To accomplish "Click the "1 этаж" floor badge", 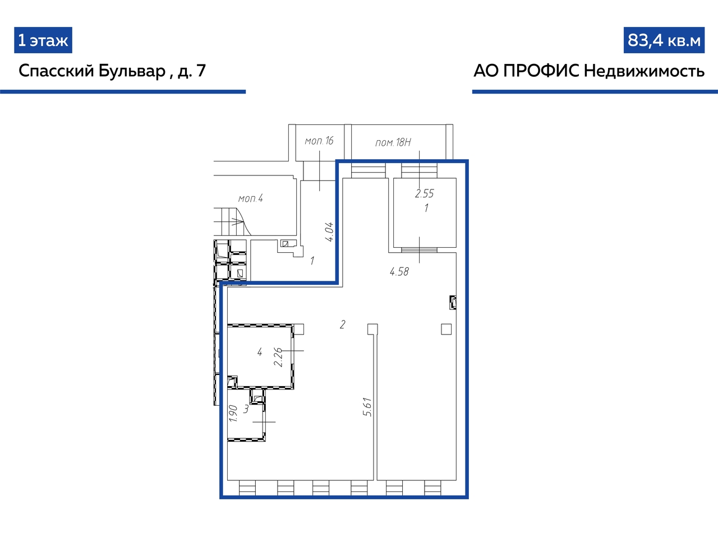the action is [43, 40].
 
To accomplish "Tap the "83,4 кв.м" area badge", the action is [664, 40].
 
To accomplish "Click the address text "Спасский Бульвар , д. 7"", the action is [112, 71].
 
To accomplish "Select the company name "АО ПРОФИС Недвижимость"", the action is [589, 71].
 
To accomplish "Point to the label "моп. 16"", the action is [319, 141].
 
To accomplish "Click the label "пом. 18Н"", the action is [393, 142].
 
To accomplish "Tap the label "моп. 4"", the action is [251, 198].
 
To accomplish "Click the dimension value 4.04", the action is [329, 231].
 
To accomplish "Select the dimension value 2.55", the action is [424, 194].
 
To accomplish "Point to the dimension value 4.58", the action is [399, 272].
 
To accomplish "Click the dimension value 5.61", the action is [367, 407].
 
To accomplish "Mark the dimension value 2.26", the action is [278, 358].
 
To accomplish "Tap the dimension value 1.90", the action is [233, 413].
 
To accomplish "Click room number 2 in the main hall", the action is [343, 324].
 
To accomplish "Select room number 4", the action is [260, 352].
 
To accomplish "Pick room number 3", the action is [246, 409].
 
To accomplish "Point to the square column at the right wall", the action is [446, 329].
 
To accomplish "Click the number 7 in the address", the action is [201, 71].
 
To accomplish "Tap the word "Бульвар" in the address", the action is [132, 71].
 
